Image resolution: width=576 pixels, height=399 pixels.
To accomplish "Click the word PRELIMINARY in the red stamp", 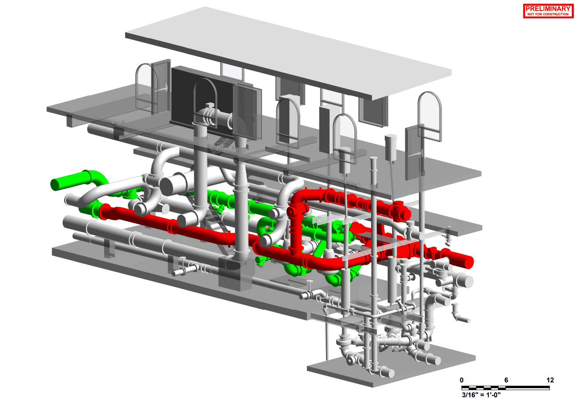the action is point(548,8).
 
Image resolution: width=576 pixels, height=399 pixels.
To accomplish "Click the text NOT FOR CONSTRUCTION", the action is point(548,14).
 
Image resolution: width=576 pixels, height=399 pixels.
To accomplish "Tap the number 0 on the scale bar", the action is point(462,380).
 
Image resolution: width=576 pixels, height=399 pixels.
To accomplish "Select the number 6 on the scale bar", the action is point(506,380).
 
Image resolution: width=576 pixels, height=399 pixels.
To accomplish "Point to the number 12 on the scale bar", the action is point(550,380).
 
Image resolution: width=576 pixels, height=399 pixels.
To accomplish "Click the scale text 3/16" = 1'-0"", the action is point(481,395).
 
